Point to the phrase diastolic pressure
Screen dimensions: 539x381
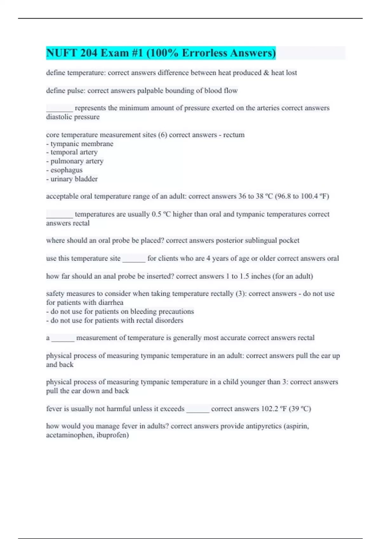coord(73,117)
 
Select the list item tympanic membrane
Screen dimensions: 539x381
coord(82,144)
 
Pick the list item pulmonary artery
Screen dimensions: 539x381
coord(77,161)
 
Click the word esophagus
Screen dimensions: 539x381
coord(66,170)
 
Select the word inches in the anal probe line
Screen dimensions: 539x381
coord(261,276)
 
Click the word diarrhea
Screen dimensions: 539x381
coord(111,302)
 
